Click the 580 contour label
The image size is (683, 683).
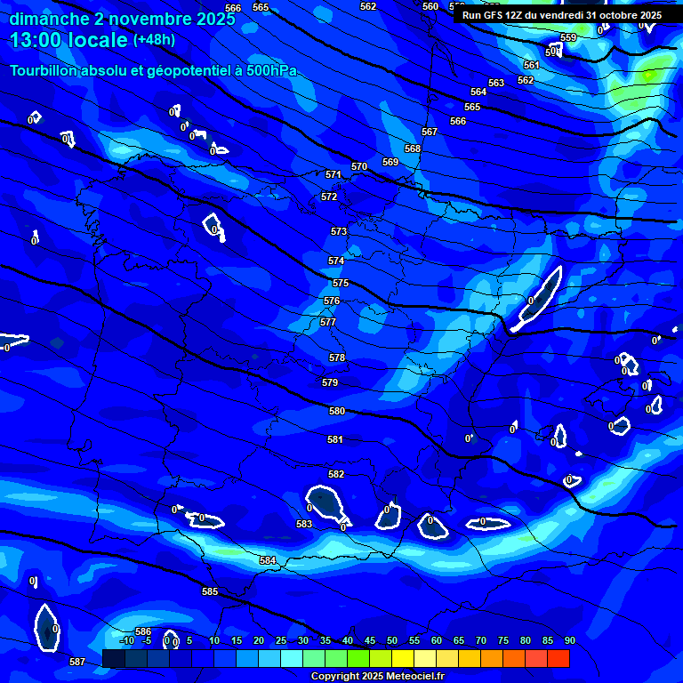tap(337, 412)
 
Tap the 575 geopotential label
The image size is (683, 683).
tap(341, 283)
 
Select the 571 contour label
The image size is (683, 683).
tap(333, 175)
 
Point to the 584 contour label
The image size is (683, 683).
tap(268, 560)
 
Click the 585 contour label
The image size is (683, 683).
tap(210, 591)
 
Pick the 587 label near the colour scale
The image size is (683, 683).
tap(77, 662)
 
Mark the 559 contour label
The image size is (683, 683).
tap(568, 38)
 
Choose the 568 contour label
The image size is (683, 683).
tap(413, 149)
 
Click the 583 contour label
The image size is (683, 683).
tap(304, 525)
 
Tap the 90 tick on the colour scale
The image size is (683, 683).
tap(570, 640)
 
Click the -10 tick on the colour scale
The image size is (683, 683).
tap(126, 640)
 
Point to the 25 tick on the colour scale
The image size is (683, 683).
tap(281, 640)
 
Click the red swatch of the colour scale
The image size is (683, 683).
tap(558, 658)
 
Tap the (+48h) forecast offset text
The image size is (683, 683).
tap(154, 40)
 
